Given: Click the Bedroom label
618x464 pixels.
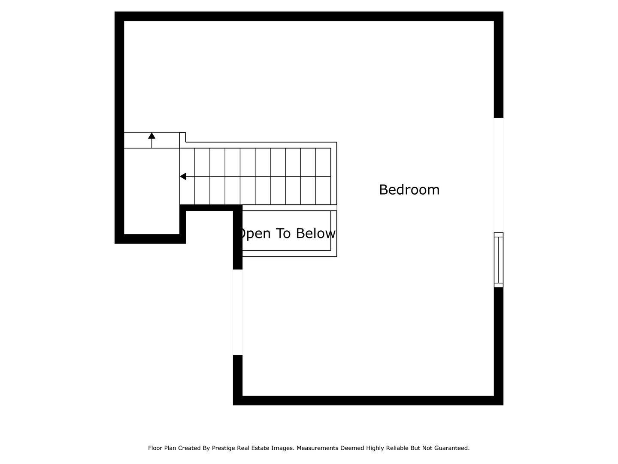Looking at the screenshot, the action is coord(409,189).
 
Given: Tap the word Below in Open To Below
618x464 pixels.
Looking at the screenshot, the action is coord(315,233).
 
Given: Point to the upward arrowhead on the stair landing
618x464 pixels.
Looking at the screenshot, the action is coord(152,135).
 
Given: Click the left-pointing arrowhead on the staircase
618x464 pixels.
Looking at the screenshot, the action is coord(183,177).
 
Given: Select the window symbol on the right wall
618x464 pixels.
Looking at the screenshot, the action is coord(499,260).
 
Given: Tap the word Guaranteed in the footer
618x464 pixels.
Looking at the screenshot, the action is coord(451,448).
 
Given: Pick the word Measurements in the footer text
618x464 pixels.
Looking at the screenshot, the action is coord(317,448).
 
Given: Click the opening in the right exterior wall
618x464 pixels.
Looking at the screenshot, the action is coord(499,175).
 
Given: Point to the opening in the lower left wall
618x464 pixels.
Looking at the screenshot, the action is coord(238,312).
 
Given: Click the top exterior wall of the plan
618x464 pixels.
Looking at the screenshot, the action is coord(309,16).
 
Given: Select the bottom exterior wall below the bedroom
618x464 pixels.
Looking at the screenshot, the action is coord(368,400).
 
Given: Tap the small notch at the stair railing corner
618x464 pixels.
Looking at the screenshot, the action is coord(183,137).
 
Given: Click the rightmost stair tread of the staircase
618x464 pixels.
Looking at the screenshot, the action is coord(323,176).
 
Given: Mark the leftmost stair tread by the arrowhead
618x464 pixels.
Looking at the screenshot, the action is coord(187,176).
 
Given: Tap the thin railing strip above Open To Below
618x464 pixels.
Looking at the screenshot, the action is coord(289,208).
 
